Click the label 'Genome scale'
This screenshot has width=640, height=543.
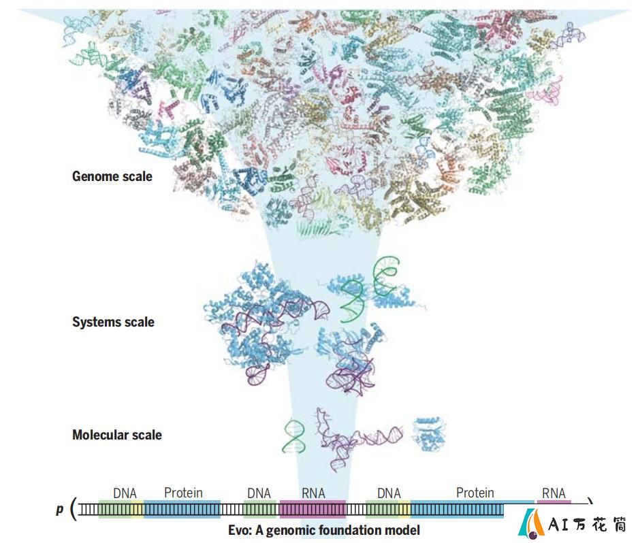112,176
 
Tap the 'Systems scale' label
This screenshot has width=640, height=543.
114,322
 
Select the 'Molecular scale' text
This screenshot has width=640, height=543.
117,435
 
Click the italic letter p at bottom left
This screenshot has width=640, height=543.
60,510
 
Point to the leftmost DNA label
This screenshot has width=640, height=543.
125,493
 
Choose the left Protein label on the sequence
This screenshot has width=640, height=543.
183,493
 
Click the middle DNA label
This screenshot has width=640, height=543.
259,493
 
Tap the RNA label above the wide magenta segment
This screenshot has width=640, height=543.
313,493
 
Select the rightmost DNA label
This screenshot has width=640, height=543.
389,493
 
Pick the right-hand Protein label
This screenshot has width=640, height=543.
475,493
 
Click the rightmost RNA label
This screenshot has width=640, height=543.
554,493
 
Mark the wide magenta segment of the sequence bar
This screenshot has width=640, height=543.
313,510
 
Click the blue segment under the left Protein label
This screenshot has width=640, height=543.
182,510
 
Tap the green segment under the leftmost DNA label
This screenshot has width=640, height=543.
115,510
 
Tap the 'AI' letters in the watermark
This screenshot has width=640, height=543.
558,525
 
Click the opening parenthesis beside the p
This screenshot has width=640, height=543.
74,509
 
